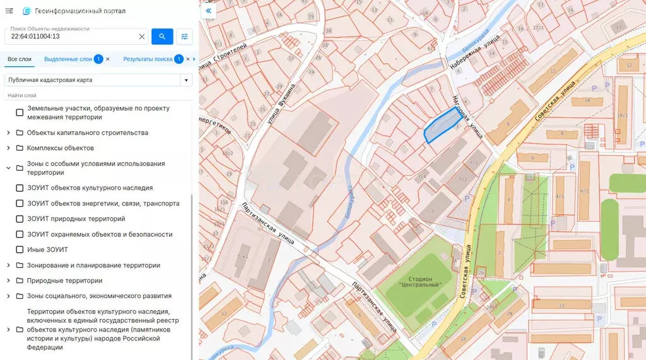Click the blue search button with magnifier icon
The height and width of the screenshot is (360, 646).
(x=162, y=37)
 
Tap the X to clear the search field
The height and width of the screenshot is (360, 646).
(x=142, y=37)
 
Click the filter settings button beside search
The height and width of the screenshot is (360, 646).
(x=185, y=37)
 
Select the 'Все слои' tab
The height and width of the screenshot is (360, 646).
(x=20, y=59)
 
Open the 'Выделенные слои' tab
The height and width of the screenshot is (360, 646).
(x=68, y=59)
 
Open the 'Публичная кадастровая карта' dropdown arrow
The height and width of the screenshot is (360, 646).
(x=185, y=80)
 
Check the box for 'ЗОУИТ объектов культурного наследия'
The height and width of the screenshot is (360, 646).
(x=20, y=188)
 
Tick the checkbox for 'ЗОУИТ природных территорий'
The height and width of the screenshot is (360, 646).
(x=20, y=219)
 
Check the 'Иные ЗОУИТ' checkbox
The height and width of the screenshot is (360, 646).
(x=20, y=250)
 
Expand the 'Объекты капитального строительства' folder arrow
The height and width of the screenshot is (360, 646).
(x=8, y=132)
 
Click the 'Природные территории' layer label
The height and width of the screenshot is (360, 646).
(x=64, y=281)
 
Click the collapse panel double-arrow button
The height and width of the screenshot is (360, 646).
(x=208, y=11)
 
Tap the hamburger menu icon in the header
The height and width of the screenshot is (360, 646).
(x=9, y=11)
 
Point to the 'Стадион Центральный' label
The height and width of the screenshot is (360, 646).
(x=420, y=282)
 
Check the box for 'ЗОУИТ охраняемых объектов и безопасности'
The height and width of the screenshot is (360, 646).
(x=20, y=235)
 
